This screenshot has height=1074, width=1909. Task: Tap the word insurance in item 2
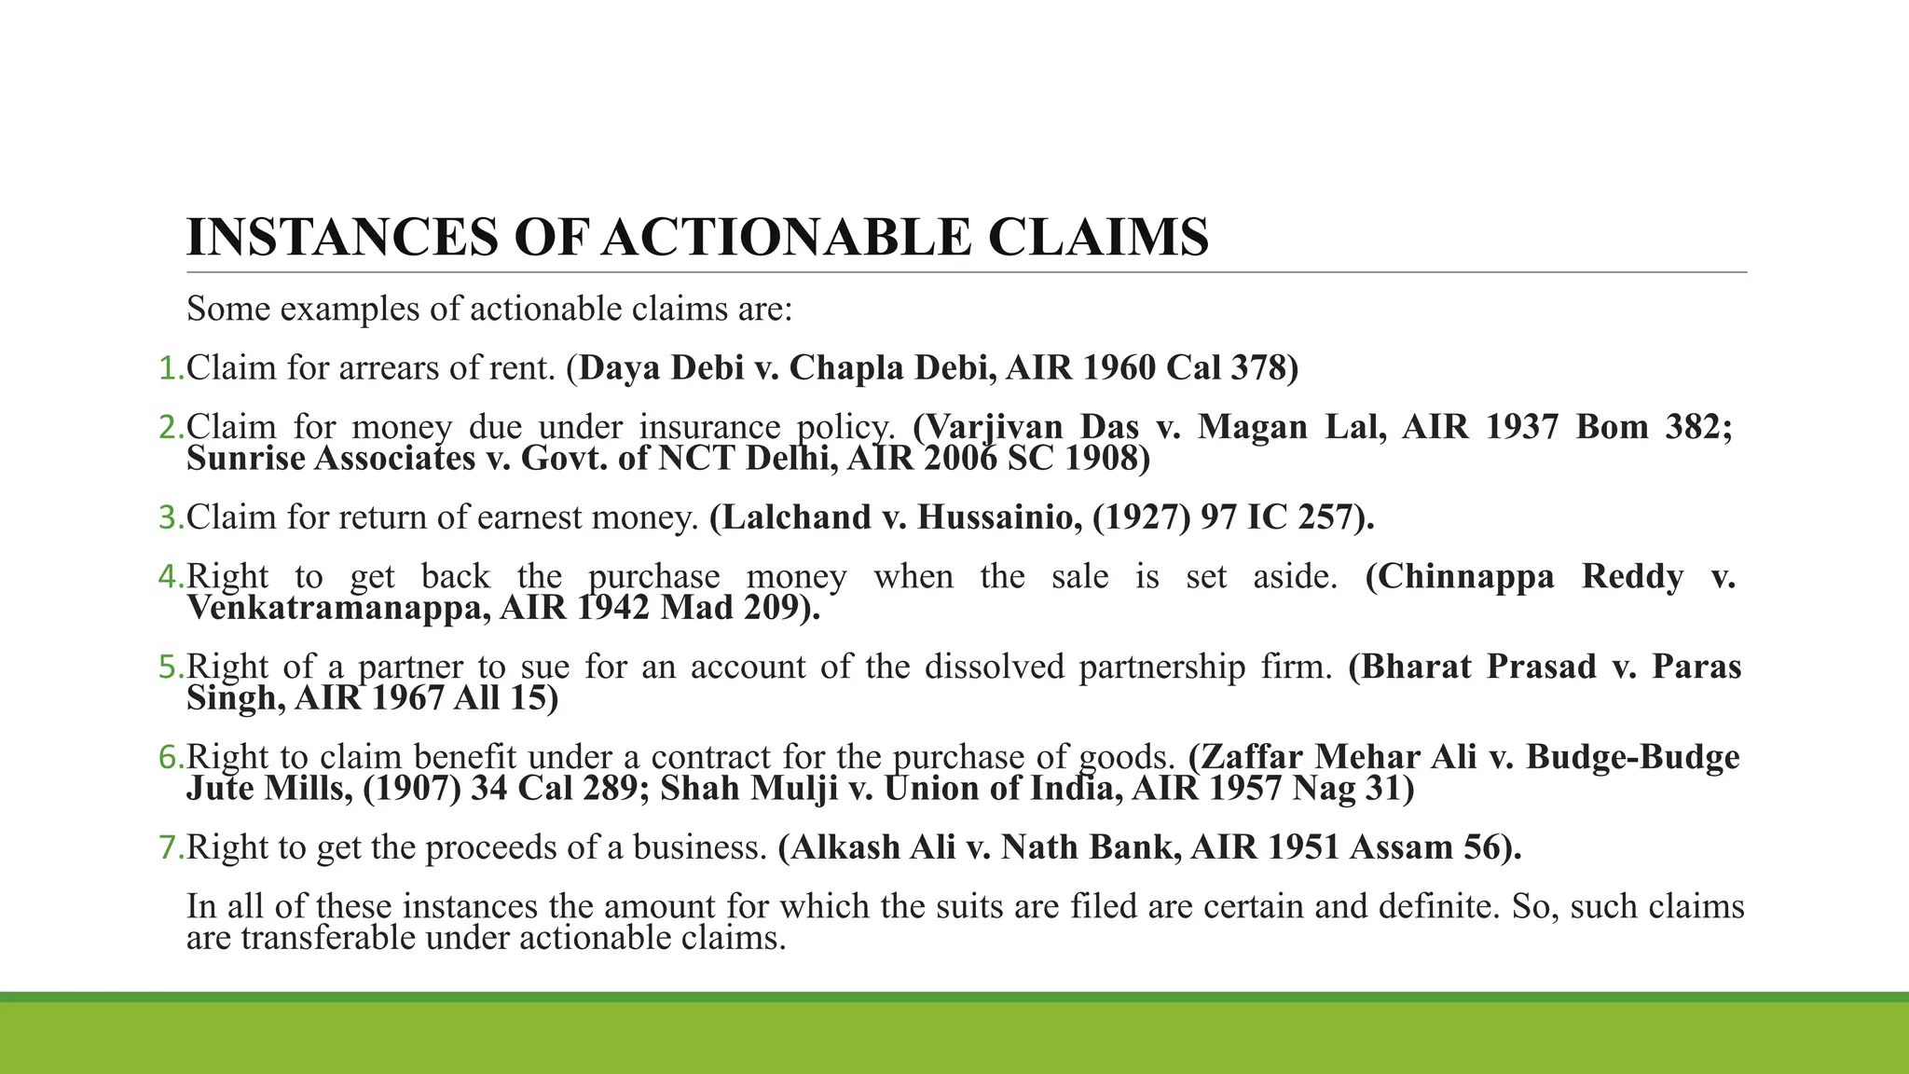point(709,427)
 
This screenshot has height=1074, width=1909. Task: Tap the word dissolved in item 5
point(995,667)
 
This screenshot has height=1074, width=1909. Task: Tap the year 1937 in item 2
point(1521,427)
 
